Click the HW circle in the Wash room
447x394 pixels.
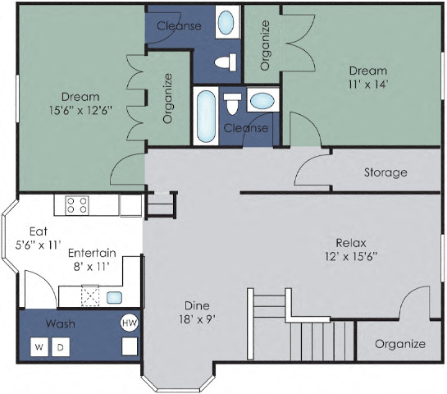(129, 323)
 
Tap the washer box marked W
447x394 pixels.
(39, 346)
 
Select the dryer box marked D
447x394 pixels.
(59, 346)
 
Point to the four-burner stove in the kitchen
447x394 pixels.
(76, 204)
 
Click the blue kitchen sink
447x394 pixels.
(115, 297)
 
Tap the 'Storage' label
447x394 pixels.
(385, 172)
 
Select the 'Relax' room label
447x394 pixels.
(350, 243)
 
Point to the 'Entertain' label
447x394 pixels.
(91, 253)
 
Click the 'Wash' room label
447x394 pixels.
(61, 323)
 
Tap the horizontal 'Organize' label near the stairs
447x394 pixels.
(399, 344)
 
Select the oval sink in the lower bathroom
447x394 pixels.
(262, 102)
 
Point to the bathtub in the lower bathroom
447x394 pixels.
(206, 114)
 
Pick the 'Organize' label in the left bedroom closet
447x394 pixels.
(167, 98)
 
